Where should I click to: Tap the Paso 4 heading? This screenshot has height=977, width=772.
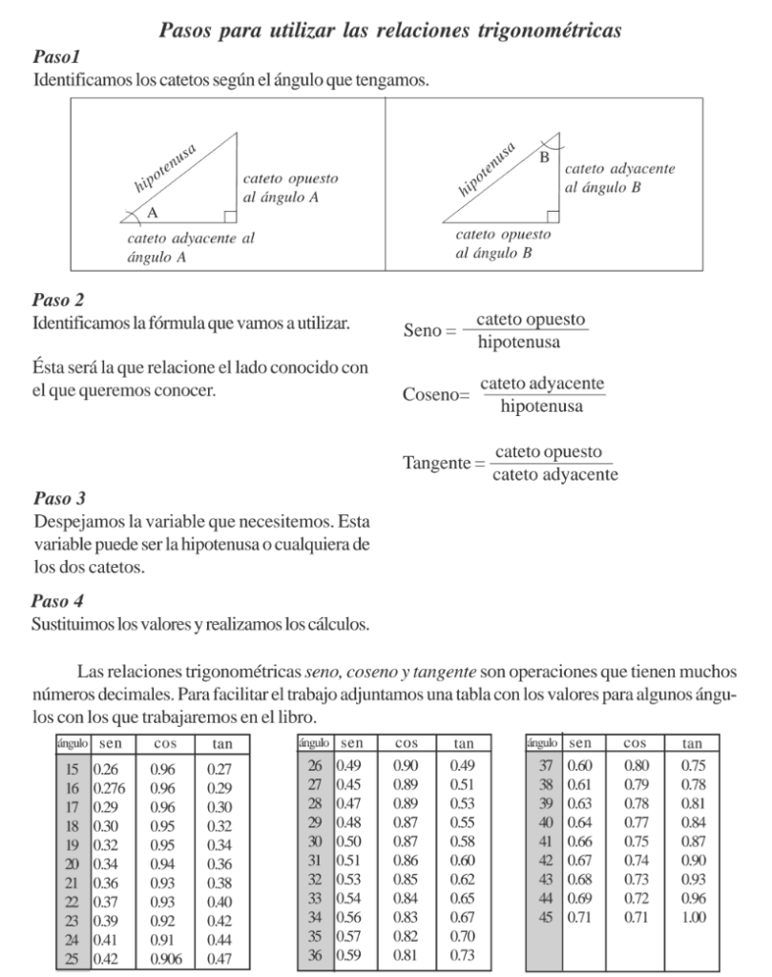tap(59, 601)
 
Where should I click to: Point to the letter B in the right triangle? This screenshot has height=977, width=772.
tap(545, 156)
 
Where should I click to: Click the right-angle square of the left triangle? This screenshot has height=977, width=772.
tap(230, 217)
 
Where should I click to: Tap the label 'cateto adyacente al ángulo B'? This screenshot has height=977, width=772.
tap(620, 177)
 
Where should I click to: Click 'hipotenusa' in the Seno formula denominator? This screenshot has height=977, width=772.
tap(519, 342)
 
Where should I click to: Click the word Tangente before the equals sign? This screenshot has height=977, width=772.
tap(438, 462)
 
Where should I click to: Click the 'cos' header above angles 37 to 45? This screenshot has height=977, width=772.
tap(635, 742)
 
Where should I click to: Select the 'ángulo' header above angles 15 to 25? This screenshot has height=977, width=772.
tap(71, 742)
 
